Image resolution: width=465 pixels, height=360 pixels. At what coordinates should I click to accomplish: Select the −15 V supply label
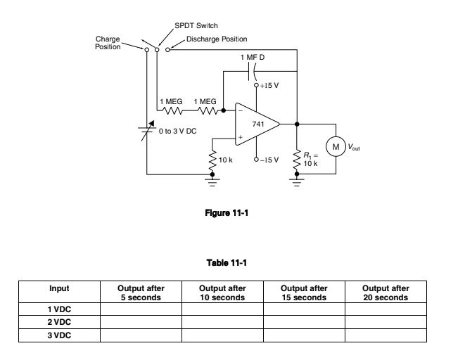point(269,160)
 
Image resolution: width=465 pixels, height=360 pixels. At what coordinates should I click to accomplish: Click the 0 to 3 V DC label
point(177,131)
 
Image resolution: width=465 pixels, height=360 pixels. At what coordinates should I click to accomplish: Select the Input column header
point(59,288)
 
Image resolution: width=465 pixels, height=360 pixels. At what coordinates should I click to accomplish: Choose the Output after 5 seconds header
point(141,292)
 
